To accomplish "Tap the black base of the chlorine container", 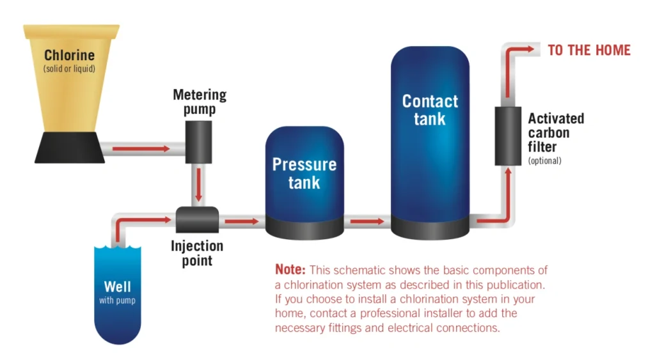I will (x=70, y=148).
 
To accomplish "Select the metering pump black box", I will (x=194, y=140).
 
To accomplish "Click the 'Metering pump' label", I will (x=200, y=102).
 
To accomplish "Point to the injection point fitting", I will (x=198, y=221).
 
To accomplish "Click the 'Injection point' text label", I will (x=197, y=253).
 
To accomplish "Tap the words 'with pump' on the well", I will (x=117, y=300).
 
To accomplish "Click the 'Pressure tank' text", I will (x=304, y=173).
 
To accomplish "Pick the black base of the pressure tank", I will (x=304, y=226).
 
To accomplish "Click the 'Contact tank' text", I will (x=430, y=109).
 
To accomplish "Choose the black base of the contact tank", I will (x=430, y=225).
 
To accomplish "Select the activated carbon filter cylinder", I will (x=509, y=136).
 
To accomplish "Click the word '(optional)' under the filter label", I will (x=544, y=161).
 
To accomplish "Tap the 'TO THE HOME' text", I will (x=589, y=50).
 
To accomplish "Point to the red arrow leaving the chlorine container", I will (x=141, y=149).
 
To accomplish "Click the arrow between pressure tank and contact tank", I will (x=367, y=221).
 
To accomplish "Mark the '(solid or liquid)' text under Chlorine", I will (x=70, y=68).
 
